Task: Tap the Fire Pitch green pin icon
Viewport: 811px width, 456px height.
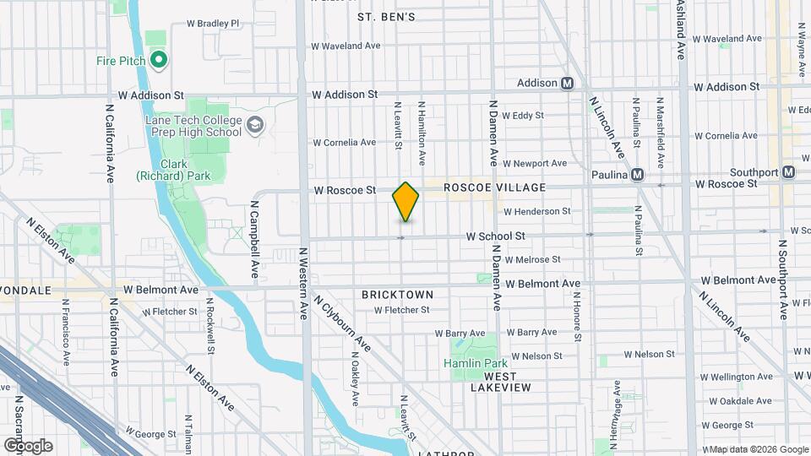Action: tap(158, 60)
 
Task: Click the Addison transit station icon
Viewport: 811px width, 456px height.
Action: tap(568, 83)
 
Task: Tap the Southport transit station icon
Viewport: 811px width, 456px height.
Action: tap(788, 172)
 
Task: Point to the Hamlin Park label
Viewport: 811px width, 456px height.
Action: tap(472, 363)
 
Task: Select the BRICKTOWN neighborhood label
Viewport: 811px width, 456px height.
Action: tap(397, 295)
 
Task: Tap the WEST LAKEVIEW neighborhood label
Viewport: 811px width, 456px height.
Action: tap(501, 381)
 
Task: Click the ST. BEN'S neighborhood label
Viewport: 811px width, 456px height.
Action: tap(386, 17)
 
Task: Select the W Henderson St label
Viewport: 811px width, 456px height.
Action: tap(536, 211)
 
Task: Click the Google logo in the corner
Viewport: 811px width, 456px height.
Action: tap(28, 445)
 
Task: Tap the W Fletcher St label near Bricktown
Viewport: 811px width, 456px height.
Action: tap(402, 310)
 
